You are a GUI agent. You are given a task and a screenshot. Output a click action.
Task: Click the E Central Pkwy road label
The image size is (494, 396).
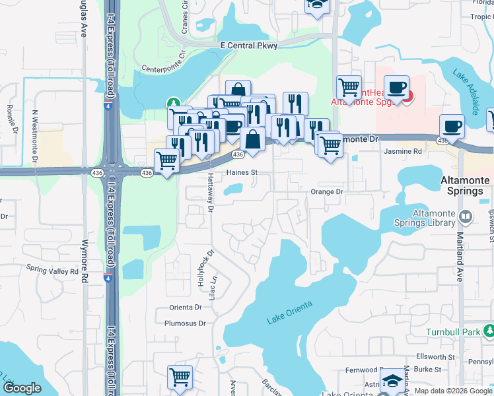(249, 45)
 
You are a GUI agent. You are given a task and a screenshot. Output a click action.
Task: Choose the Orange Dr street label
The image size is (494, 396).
(327, 191)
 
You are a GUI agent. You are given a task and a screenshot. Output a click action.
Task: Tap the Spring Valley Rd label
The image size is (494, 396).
(52, 269)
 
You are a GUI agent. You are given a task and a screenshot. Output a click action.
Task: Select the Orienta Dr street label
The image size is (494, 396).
(185, 307)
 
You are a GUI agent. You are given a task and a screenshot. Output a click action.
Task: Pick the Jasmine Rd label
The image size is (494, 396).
(403, 151)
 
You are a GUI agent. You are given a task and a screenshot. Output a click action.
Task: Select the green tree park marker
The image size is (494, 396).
(172, 104)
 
